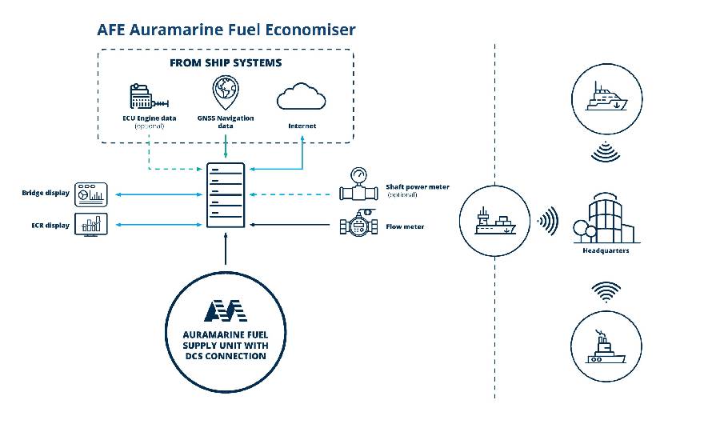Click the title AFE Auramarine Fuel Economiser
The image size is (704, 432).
pyautogui.click(x=226, y=30)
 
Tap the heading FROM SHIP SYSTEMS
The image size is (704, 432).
pyautogui.click(x=225, y=62)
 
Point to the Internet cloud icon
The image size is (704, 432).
pyautogui.click(x=301, y=97)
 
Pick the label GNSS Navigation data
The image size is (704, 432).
pyautogui.click(x=226, y=122)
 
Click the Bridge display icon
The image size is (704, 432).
pyautogui.click(x=90, y=193)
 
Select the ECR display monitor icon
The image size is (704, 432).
pyautogui.click(x=90, y=225)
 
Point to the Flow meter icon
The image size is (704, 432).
pyautogui.click(x=357, y=226)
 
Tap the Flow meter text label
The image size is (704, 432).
pyautogui.click(x=405, y=227)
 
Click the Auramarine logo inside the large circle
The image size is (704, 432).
pyautogui.click(x=225, y=310)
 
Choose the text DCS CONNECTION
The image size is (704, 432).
pyautogui.click(x=225, y=356)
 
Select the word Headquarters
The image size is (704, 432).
pyautogui.click(x=606, y=250)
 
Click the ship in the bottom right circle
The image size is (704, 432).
pyautogui.click(x=606, y=349)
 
